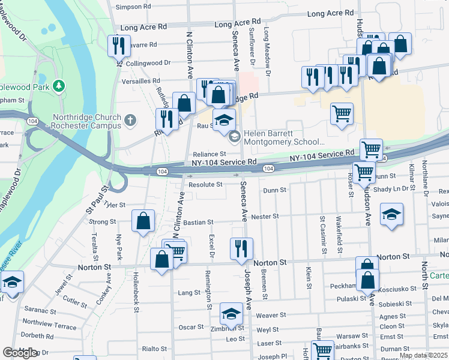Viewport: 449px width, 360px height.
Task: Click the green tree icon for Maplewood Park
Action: pyautogui.click(x=59, y=86)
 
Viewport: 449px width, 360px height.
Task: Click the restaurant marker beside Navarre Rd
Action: pyautogui.click(x=119, y=45)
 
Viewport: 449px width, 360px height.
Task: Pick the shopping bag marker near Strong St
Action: pyautogui.click(x=143, y=221)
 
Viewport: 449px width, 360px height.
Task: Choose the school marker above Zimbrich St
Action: pyautogui.click(x=231, y=313)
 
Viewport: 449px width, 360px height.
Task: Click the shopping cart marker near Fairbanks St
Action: pyautogui.click(x=322, y=351)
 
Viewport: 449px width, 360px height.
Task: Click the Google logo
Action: pyautogui.click(x=20, y=353)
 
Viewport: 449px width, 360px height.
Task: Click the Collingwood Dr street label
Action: pyautogui.click(x=148, y=62)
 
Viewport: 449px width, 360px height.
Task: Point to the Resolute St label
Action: pyautogui.click(x=205, y=185)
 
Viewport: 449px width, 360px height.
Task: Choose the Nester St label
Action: pyautogui.click(x=265, y=216)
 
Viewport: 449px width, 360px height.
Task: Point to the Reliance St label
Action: pyautogui.click(x=209, y=154)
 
